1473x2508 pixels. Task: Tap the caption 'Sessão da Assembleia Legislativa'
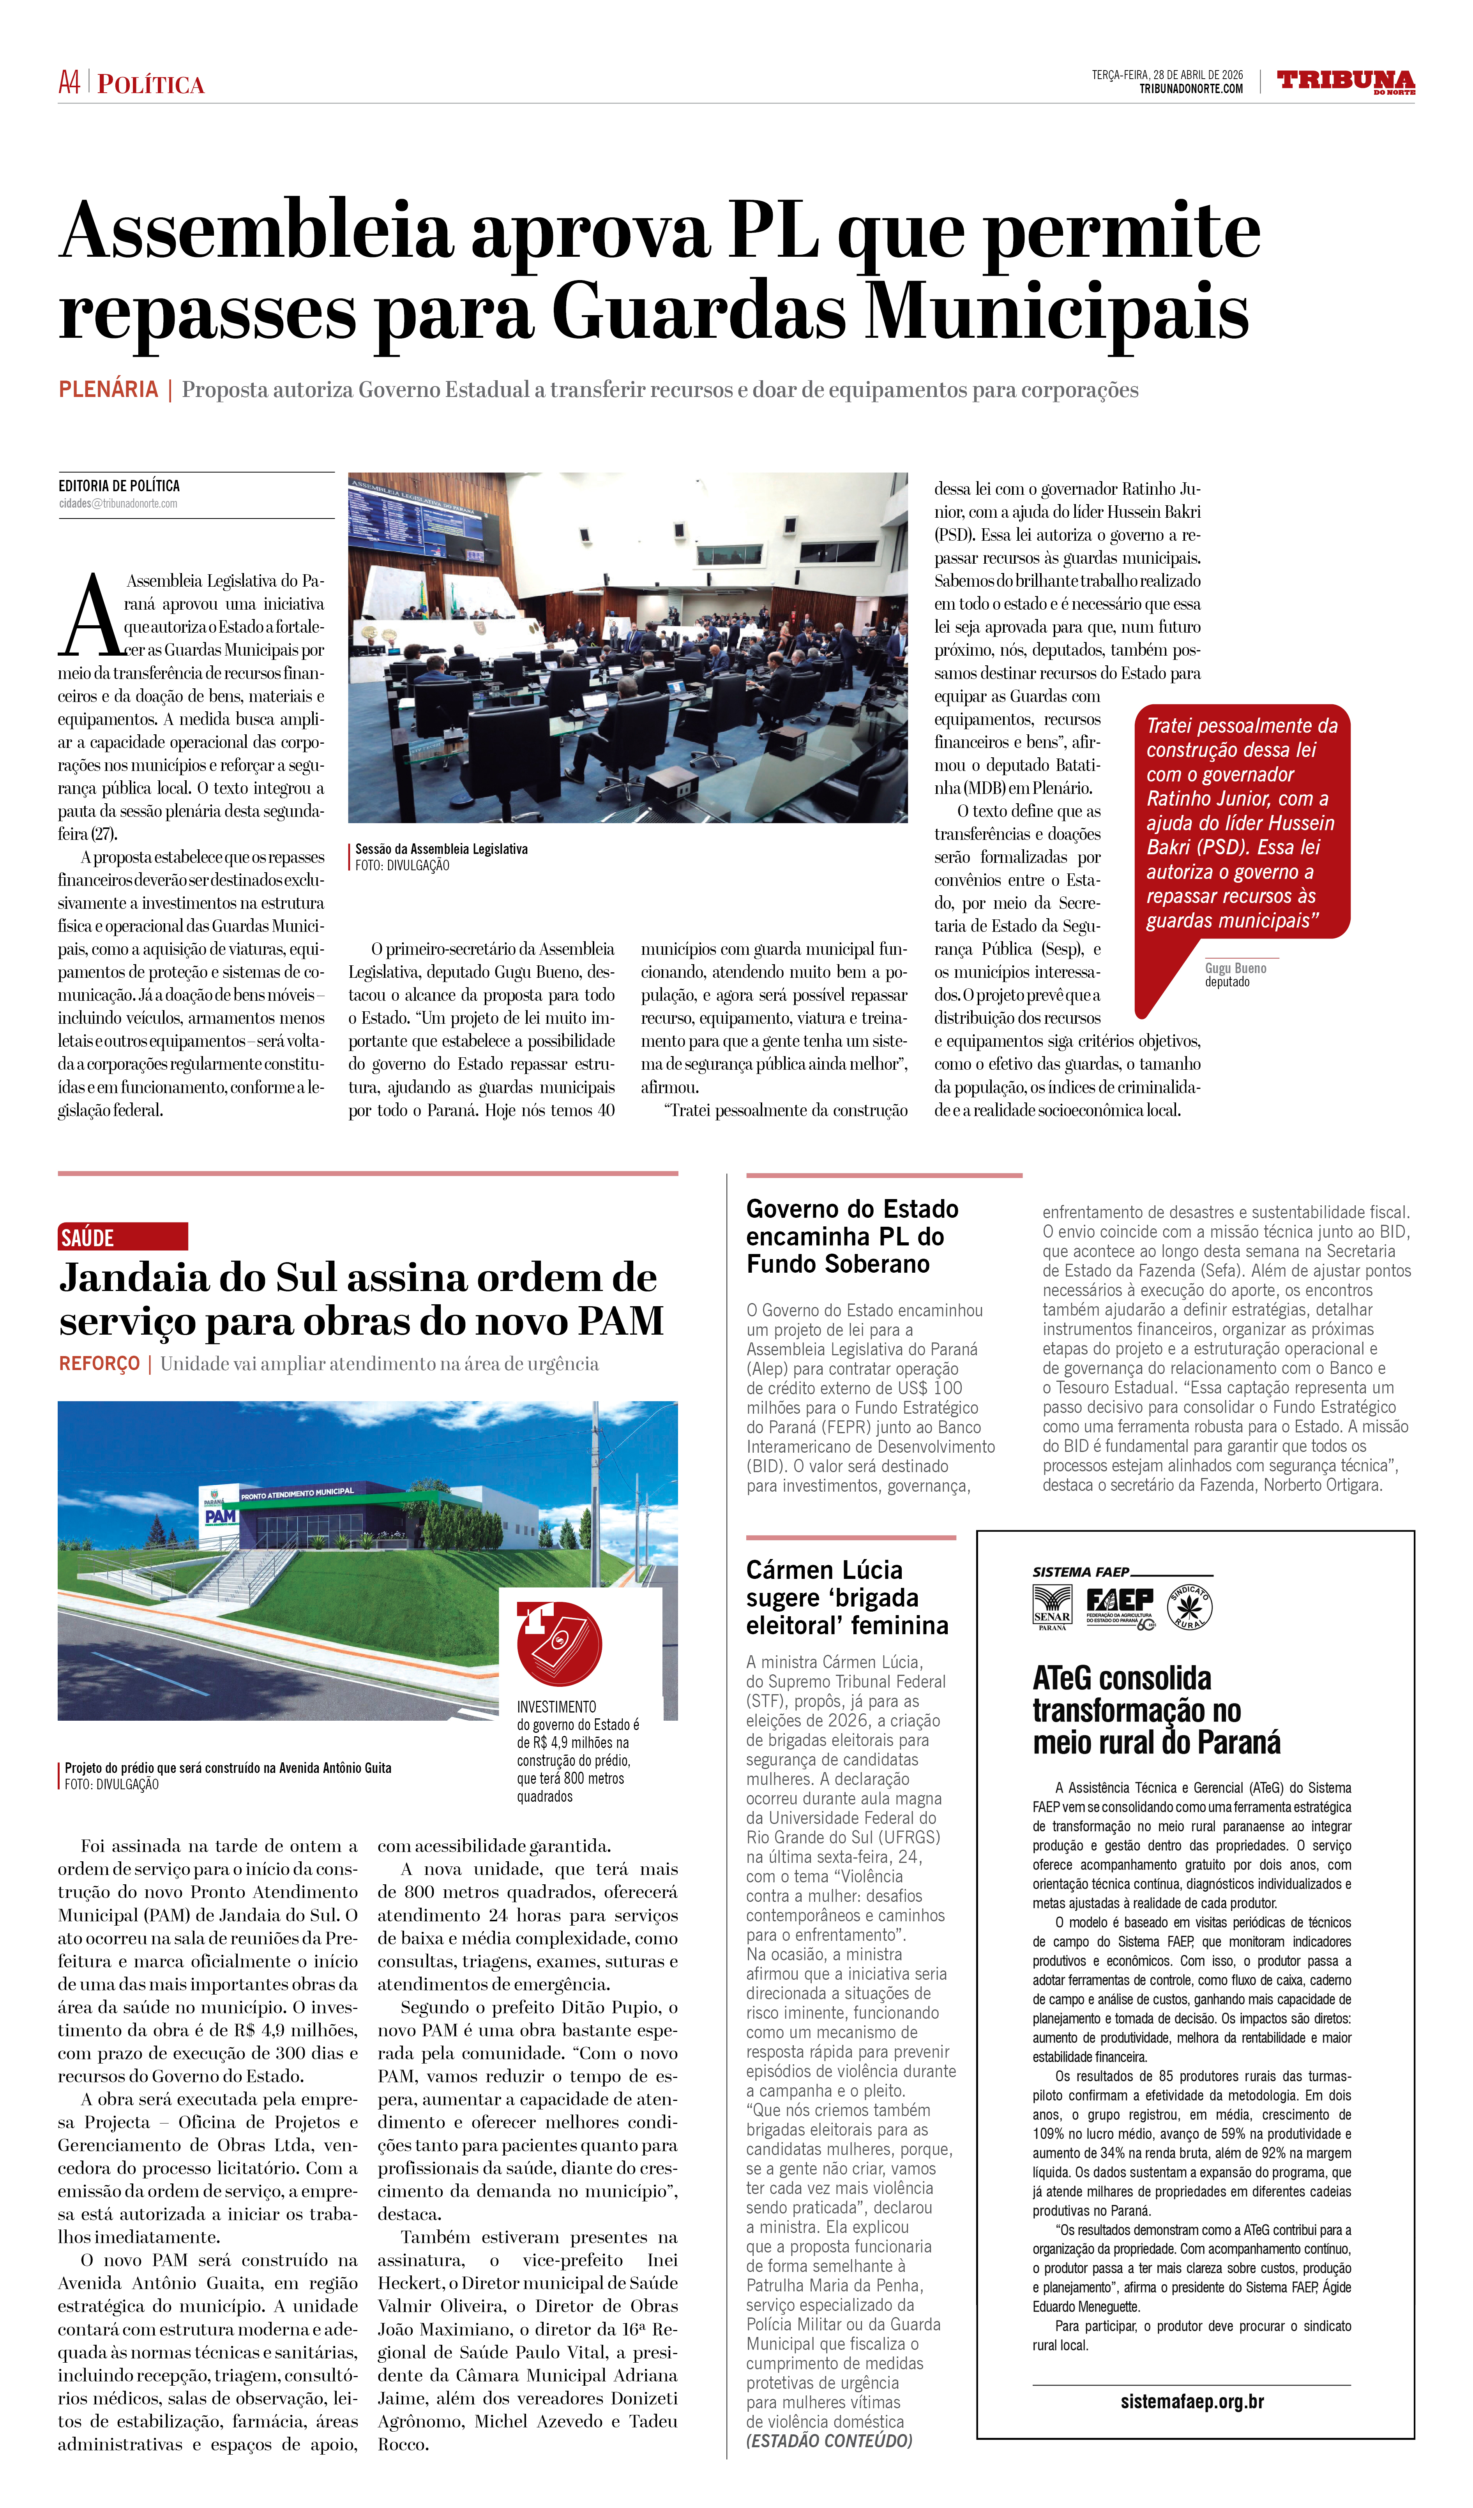click(x=441, y=849)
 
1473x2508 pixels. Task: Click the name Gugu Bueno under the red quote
click(x=1235, y=968)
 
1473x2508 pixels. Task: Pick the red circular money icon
click(x=559, y=1643)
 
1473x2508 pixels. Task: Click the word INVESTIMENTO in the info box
click(x=556, y=1707)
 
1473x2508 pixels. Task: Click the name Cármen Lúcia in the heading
click(x=824, y=1570)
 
